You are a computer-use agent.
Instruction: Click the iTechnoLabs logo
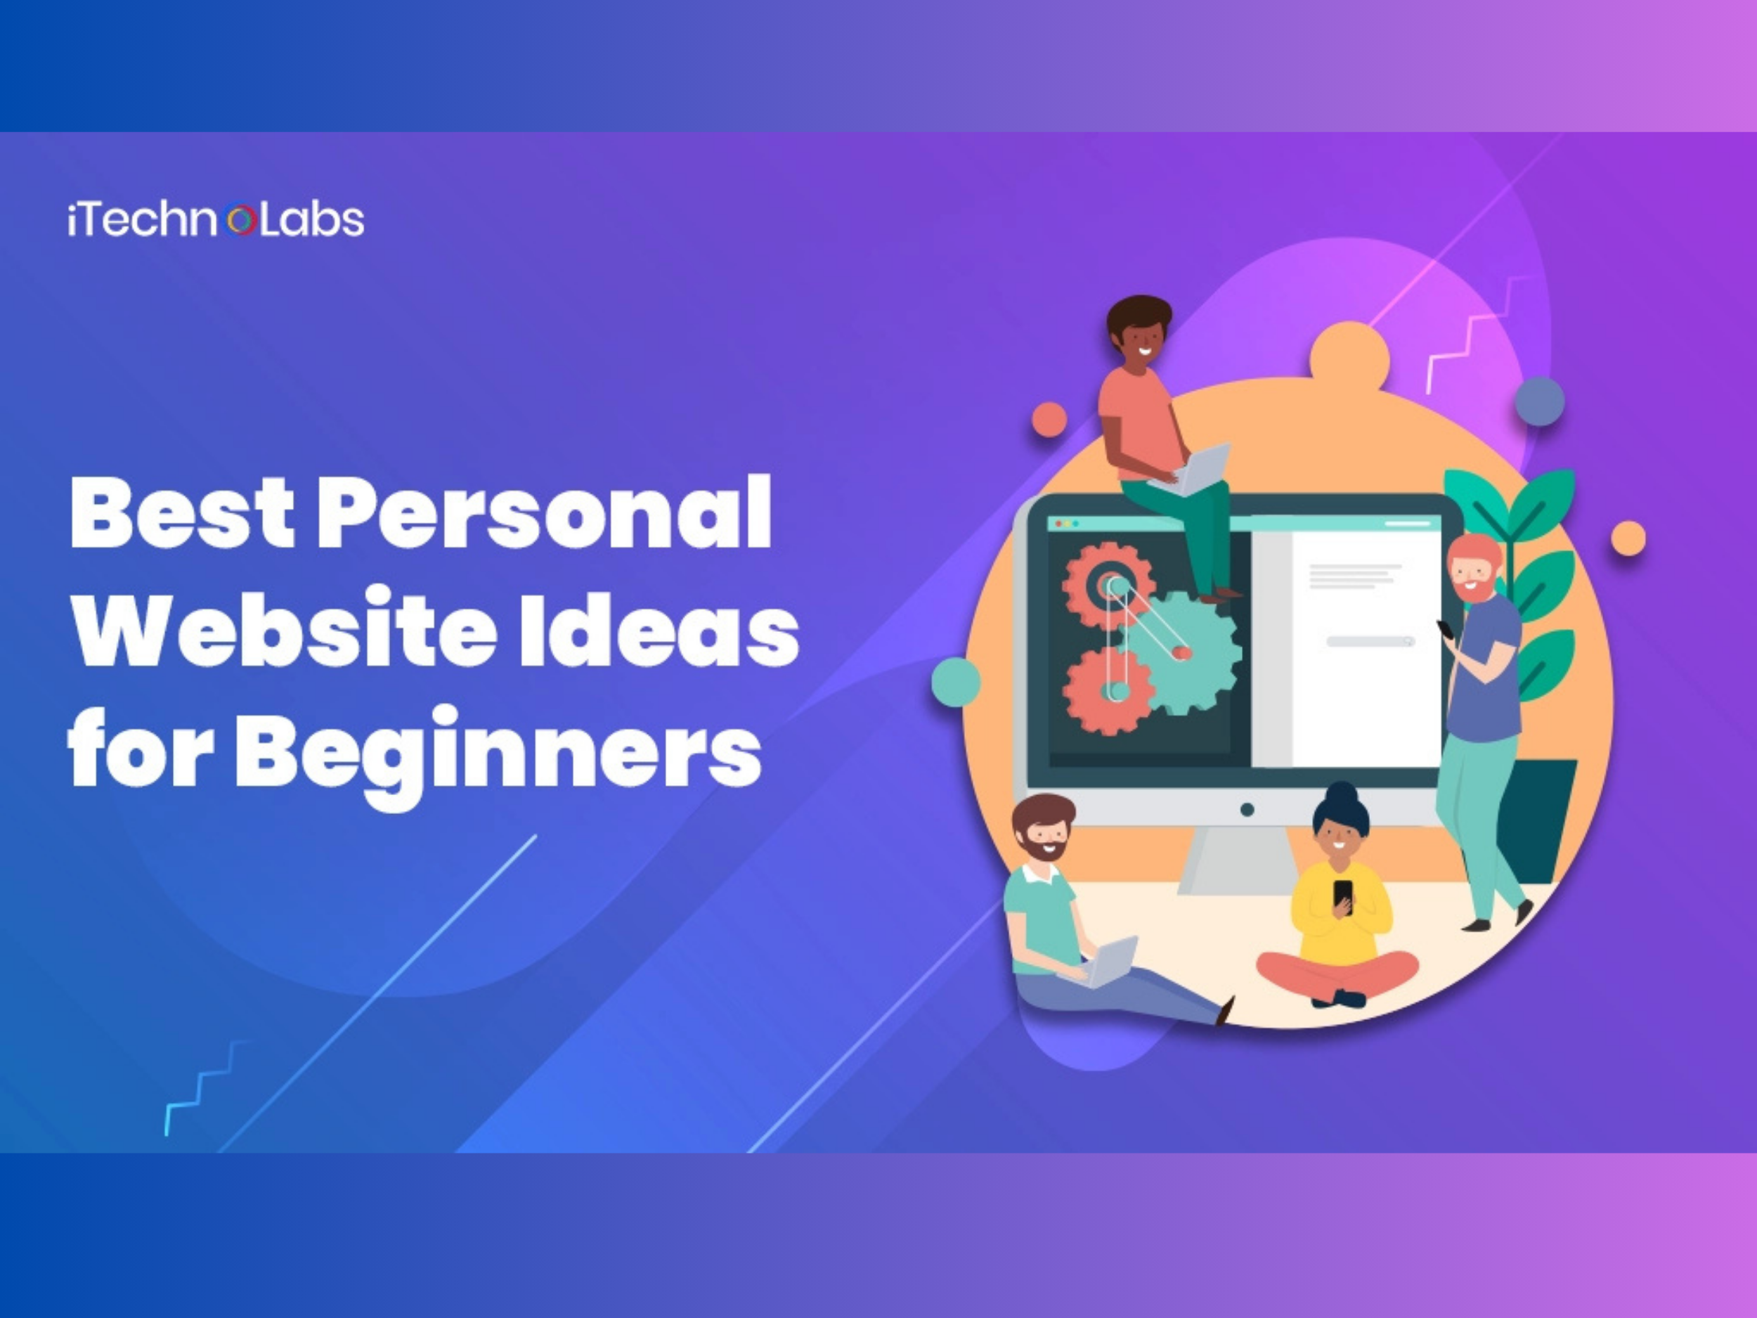click(216, 220)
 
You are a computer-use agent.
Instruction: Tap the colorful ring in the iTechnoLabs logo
click(240, 220)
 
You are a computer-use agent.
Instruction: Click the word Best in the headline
click(183, 512)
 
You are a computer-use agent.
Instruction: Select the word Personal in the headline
click(545, 512)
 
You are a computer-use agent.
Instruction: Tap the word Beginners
click(498, 755)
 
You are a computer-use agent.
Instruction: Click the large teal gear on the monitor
click(1183, 652)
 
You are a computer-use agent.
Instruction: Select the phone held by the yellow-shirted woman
click(1342, 896)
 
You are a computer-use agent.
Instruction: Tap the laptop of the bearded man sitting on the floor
click(1105, 962)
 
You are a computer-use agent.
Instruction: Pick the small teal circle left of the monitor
click(956, 682)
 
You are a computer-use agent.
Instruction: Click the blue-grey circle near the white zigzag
click(1539, 401)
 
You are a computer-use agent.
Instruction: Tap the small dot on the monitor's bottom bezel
click(1247, 810)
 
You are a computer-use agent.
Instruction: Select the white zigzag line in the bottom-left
click(206, 1087)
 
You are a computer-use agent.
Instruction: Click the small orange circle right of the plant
click(1628, 538)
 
